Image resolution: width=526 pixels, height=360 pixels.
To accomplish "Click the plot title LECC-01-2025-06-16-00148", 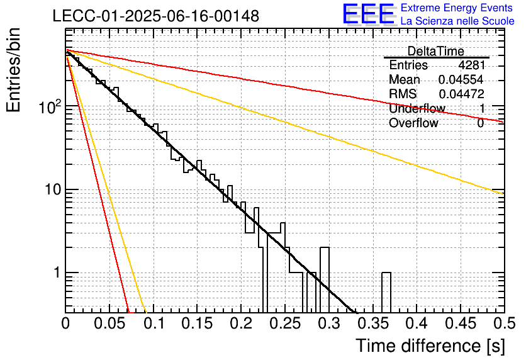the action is point(156,16).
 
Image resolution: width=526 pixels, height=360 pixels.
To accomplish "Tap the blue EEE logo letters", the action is point(369,14).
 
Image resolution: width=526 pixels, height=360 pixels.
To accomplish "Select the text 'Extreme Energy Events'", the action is point(457,8).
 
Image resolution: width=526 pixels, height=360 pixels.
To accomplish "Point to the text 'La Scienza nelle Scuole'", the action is point(457,21).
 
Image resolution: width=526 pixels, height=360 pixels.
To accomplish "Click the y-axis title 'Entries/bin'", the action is point(14,70).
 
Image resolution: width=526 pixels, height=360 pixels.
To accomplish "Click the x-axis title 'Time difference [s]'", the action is point(430,346).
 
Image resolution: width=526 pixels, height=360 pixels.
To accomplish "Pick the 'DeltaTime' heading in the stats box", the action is point(435,51).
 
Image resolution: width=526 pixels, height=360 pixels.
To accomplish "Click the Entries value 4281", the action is point(472,65).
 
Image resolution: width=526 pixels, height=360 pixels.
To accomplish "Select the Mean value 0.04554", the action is point(461,79).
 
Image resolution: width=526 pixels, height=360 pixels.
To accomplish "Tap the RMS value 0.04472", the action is point(462,94).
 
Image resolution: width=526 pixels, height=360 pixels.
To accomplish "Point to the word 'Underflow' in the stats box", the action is point(417,108).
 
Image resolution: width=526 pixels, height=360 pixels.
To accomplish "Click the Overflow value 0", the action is point(481,123).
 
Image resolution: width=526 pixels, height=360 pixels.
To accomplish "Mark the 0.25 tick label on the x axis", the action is point(286,323).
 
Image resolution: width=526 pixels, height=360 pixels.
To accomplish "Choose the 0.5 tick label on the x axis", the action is point(504,323).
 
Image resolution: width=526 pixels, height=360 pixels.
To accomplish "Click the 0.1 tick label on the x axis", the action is point(154,323).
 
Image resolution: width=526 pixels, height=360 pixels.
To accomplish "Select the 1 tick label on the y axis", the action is point(57,273).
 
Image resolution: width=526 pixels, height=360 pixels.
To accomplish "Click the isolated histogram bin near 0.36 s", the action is point(386,293).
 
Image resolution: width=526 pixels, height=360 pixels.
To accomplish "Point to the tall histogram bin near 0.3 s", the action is point(325,280).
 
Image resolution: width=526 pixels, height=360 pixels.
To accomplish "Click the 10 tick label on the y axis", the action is point(53,189).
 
